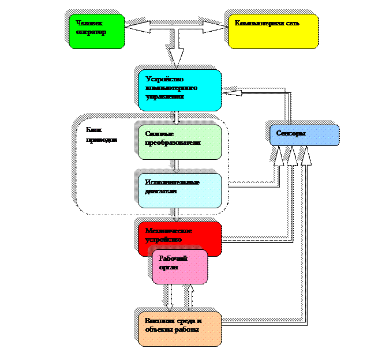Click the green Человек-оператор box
click(x=96, y=31)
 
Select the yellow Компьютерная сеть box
click(x=272, y=31)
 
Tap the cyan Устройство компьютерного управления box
click(x=179, y=90)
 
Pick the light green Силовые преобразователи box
click(x=179, y=142)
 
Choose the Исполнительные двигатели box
click(x=179, y=190)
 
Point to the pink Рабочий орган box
click(x=179, y=267)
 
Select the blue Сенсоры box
click(x=304, y=134)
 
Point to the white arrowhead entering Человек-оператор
click(x=134, y=27)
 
